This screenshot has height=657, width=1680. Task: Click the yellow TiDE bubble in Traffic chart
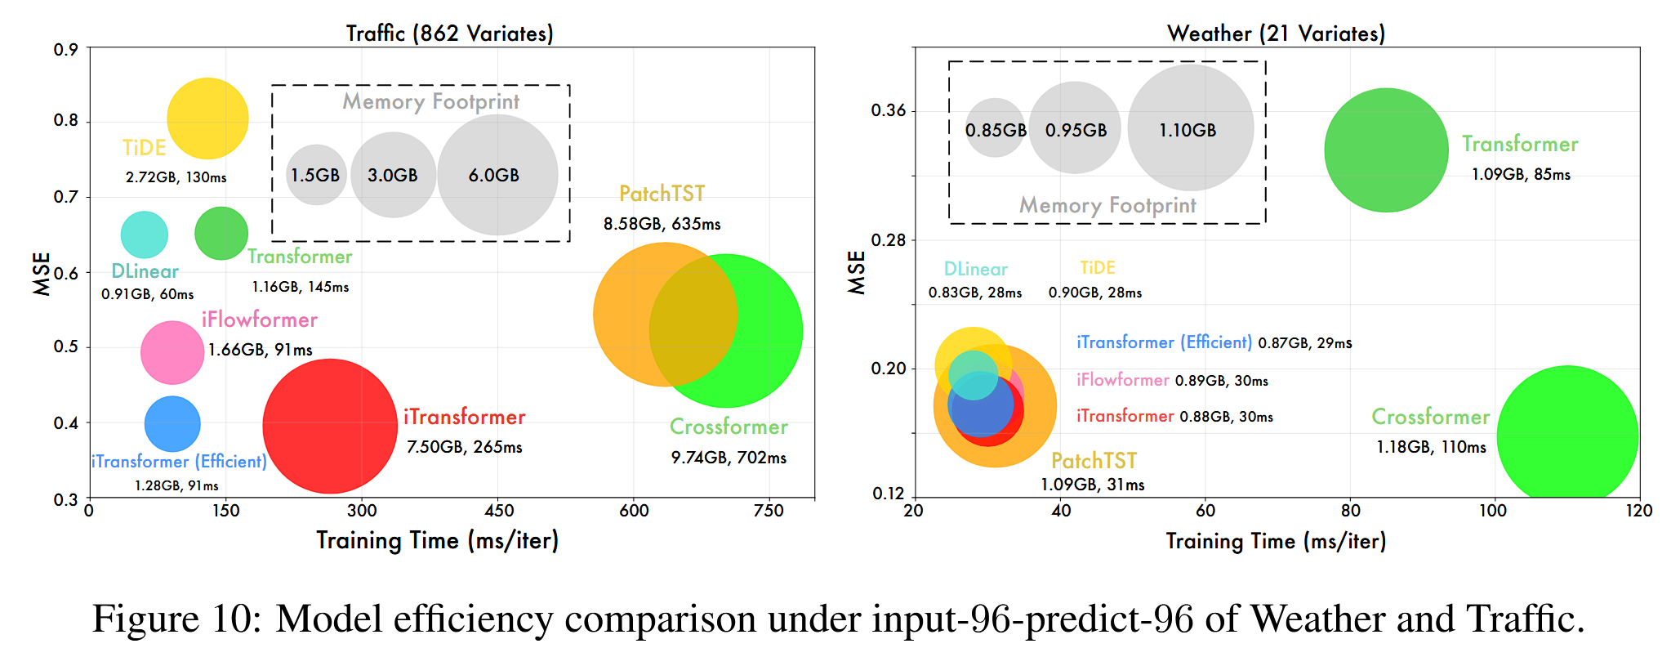[x=207, y=118]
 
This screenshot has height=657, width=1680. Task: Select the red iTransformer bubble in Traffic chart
[x=330, y=426]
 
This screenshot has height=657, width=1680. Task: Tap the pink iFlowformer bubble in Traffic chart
[x=172, y=352]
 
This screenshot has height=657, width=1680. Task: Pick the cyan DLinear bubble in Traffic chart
[x=144, y=235]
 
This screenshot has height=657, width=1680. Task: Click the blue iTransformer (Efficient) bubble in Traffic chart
[x=172, y=423]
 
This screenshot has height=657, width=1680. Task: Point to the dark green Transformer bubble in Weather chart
[x=1386, y=150]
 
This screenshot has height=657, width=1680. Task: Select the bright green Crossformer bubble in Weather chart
[x=1566, y=436]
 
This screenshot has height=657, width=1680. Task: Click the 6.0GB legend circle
[x=497, y=175]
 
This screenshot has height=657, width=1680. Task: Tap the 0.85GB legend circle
[x=995, y=128]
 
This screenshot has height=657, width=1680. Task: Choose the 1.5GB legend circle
[x=316, y=174]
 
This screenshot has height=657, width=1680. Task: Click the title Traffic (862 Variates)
[x=449, y=34]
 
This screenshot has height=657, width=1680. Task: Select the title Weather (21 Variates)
[x=1276, y=34]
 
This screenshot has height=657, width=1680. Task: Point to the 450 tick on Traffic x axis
[x=498, y=512]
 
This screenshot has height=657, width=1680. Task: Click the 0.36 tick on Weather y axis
[x=889, y=110]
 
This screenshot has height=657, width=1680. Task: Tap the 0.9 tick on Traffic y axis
[x=66, y=50]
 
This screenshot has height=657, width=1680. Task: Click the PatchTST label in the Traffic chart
[x=662, y=194]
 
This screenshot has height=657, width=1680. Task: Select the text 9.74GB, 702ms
[x=729, y=458]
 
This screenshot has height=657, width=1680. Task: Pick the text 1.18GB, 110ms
[x=1431, y=447]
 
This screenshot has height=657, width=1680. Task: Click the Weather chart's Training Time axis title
[x=1276, y=541]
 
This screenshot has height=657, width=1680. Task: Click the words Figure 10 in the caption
[x=176, y=619]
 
